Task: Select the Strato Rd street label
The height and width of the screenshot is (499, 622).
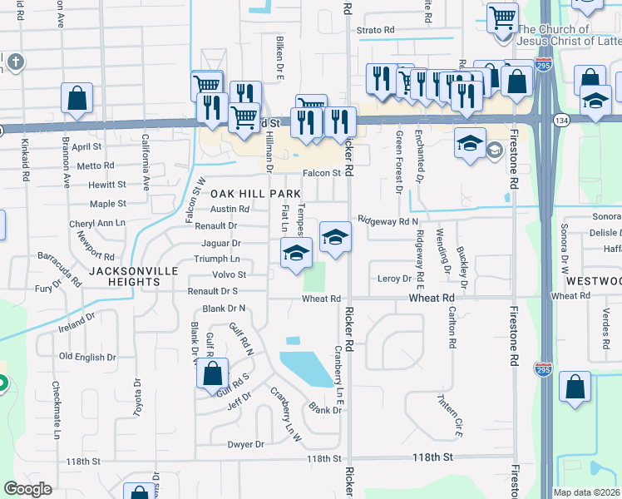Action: pos(375,30)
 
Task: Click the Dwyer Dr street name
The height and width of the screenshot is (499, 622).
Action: pos(245,444)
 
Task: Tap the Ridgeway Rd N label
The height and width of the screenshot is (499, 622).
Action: pos(388,221)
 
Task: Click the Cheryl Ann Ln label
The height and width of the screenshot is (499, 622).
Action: pos(97,224)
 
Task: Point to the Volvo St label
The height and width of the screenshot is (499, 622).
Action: pos(230,274)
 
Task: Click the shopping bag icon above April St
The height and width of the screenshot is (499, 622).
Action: pos(77,98)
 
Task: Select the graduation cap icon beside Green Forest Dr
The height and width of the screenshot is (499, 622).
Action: pos(470,142)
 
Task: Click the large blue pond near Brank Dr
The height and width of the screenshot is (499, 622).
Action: pos(308,369)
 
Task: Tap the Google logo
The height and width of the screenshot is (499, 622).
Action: pos(27,489)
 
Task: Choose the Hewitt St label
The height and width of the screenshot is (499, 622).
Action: pos(107,185)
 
